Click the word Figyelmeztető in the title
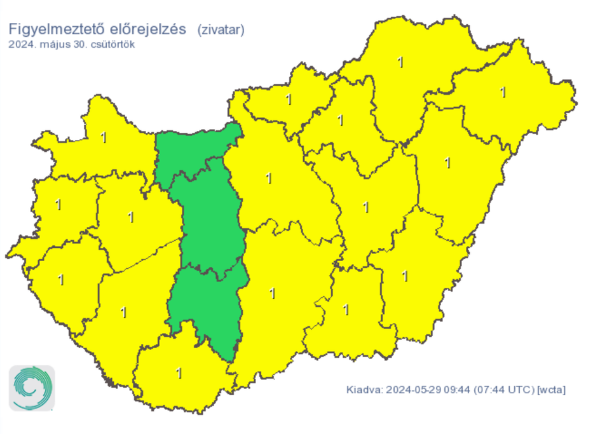(51, 29)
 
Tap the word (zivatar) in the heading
(221, 29)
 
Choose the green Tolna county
(210, 305)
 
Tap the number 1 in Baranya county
(179, 373)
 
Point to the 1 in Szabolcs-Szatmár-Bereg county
(503, 92)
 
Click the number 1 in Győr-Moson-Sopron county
(104, 137)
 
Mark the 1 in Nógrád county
(289, 100)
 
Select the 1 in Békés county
(406, 276)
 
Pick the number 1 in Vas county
(58, 205)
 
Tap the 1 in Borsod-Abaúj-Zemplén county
(400, 62)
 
